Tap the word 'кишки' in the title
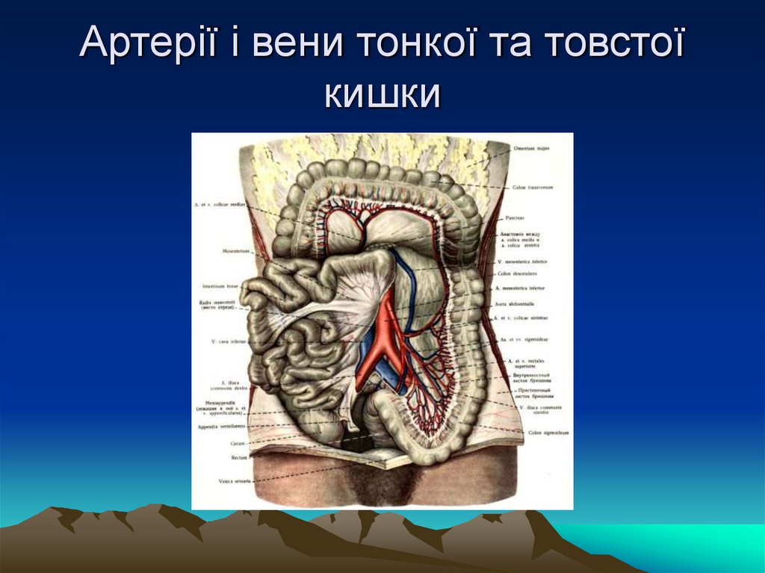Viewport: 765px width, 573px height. tap(382, 96)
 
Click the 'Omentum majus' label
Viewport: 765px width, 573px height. tap(531, 149)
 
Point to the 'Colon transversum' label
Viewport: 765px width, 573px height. tap(533, 187)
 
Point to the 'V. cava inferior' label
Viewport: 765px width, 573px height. tap(229, 342)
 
